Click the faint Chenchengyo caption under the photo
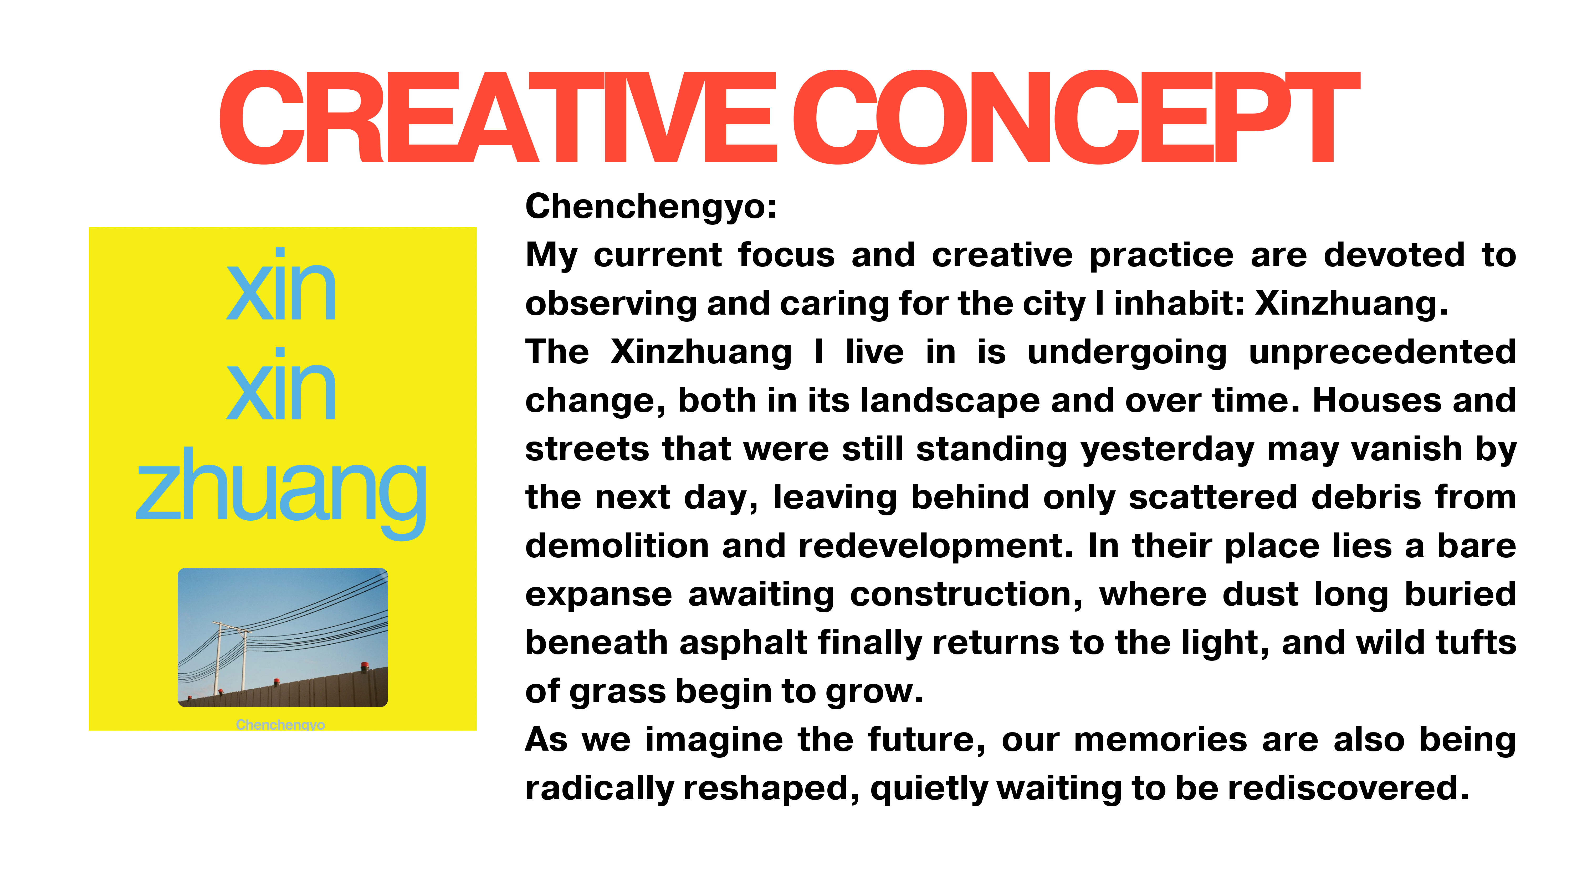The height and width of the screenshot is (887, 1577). (280, 725)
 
